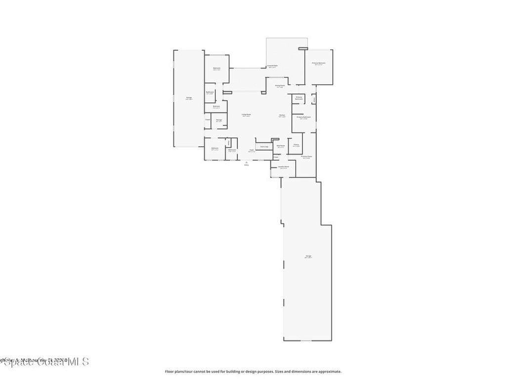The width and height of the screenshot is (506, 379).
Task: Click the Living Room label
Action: tap(246, 115)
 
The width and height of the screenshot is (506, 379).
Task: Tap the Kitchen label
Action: tap(282, 116)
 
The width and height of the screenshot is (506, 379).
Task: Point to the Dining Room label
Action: tap(280, 86)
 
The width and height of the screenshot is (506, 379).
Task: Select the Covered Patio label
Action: tap(272, 66)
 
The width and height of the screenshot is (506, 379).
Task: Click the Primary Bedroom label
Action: tap(319, 64)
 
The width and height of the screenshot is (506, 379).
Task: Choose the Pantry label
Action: tap(296, 145)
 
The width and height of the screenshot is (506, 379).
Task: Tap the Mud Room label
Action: tap(280, 146)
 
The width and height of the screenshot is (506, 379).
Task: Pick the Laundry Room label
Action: tap(283, 167)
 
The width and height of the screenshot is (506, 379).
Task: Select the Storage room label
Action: tap(218, 120)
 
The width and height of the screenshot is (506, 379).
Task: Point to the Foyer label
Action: tap(252, 150)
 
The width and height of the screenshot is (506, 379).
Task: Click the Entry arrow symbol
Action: tap(247, 162)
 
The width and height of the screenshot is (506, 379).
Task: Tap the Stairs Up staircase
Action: tap(264, 146)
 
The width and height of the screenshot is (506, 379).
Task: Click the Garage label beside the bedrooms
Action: tap(189, 98)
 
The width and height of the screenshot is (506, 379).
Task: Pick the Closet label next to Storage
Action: tap(208, 119)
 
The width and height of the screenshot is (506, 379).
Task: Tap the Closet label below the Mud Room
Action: tap(276, 157)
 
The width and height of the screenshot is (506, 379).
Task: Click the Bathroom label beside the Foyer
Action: tap(232, 150)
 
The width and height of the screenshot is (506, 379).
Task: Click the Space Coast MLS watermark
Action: tap(44, 362)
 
